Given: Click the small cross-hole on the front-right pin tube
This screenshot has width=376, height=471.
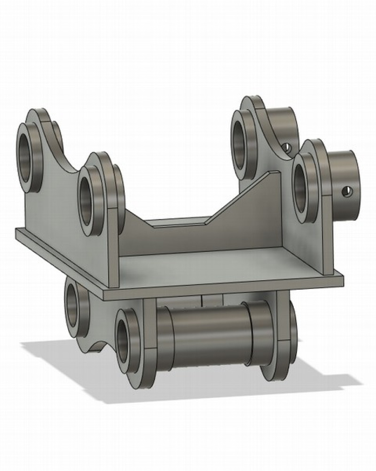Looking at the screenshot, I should (x=347, y=191).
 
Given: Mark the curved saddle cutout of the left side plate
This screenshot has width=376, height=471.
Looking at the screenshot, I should (x=66, y=160).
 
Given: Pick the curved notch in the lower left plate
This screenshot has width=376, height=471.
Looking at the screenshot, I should (x=96, y=346).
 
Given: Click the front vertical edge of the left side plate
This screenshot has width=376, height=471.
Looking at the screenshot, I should (x=113, y=250).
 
